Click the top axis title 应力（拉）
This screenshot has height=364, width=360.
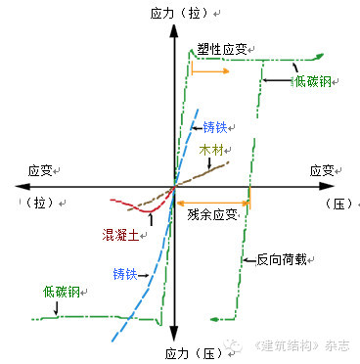tap(179, 14)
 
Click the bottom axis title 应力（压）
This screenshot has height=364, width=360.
tap(194, 353)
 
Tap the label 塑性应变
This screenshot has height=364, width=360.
tap(222, 49)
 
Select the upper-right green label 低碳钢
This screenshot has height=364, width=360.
tap(313, 81)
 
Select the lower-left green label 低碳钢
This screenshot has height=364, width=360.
tap(62, 292)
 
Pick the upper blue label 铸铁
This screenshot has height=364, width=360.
tap(215, 127)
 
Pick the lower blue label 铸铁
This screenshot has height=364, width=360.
tap(125, 274)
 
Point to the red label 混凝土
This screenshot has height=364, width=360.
tap(120, 235)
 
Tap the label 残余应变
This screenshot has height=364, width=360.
tap(212, 214)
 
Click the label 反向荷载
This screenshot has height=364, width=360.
tap(282, 259)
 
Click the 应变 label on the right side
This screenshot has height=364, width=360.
tap(322, 170)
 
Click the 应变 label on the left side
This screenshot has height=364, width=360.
tap(40, 170)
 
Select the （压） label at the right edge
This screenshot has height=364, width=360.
tap(339, 204)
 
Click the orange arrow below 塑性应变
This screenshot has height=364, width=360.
tap(210, 71)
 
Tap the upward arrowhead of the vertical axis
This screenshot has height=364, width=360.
tap(175, 31)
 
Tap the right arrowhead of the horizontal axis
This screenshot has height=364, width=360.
tap(327, 186)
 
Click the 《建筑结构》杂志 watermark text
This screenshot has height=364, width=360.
tap(303, 345)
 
